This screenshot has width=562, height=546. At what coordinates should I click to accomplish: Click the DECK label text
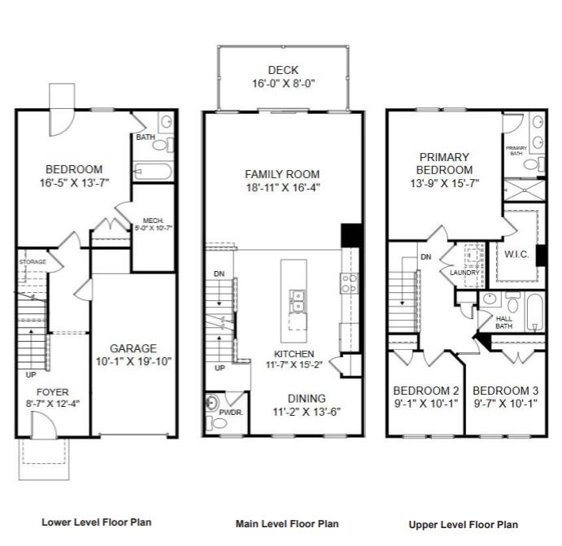pos(283,70)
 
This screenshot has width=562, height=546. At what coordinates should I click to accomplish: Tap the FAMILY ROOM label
pos(282,174)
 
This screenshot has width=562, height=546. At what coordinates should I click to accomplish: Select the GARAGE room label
pos(133,348)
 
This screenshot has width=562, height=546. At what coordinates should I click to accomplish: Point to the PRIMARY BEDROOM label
pos(444,163)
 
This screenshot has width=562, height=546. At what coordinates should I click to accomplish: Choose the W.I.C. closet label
pos(516,255)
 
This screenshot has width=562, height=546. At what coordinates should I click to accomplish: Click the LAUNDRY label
pos(464,273)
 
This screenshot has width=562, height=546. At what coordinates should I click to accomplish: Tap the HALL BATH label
pos(503,321)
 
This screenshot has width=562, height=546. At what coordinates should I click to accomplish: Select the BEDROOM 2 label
pos(427,389)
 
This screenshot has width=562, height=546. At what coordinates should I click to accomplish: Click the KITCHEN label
pos(294,354)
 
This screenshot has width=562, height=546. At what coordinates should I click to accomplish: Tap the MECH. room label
pos(154,221)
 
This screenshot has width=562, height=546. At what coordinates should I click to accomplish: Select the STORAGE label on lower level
pos(33,262)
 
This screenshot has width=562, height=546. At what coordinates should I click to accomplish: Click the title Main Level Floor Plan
pos(286,524)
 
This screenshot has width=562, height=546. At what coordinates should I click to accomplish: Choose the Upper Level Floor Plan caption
pos(463,524)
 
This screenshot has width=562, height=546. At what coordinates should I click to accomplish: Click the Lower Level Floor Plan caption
pos(96,522)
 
